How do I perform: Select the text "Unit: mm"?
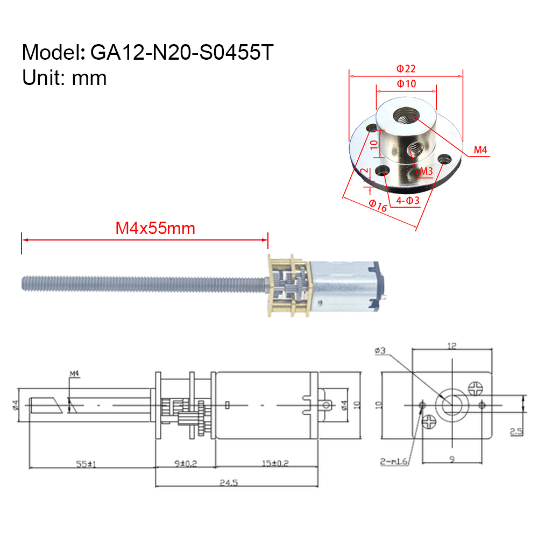(x=65, y=78)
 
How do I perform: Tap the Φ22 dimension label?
(x=406, y=69)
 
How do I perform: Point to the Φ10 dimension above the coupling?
(x=406, y=84)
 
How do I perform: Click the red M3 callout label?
(x=426, y=171)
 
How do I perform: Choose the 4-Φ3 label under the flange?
(x=407, y=201)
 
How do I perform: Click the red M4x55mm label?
(x=155, y=229)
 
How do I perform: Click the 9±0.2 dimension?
(x=185, y=463)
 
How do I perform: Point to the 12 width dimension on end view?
(x=452, y=347)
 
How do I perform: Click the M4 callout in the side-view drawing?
(x=74, y=373)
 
